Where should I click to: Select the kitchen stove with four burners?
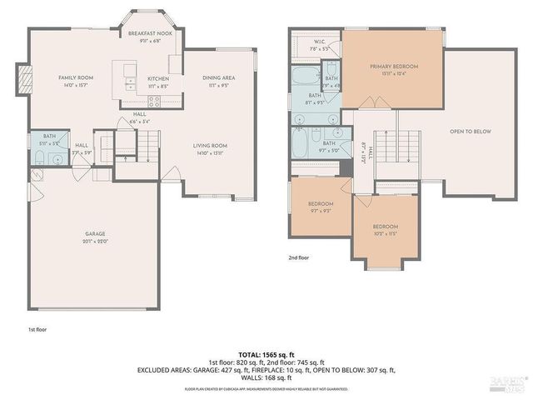[x=131, y=82]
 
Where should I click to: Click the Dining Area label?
[x=218, y=78]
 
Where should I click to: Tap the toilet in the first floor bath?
[x=36, y=157]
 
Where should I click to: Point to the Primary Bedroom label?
[x=394, y=66]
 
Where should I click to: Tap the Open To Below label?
[x=468, y=132]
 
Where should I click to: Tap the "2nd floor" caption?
[x=298, y=258]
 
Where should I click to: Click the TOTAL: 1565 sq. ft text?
[x=266, y=355]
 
